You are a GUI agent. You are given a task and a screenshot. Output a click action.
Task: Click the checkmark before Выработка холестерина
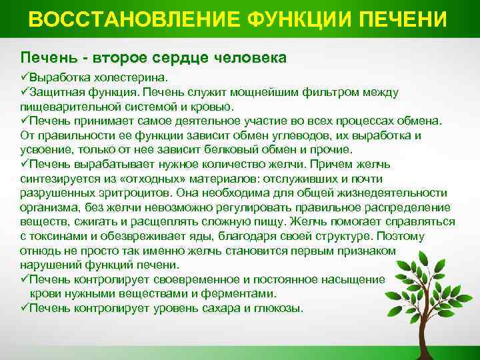pos(25,77)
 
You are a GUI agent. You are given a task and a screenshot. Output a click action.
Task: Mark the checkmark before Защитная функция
pos(25,92)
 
